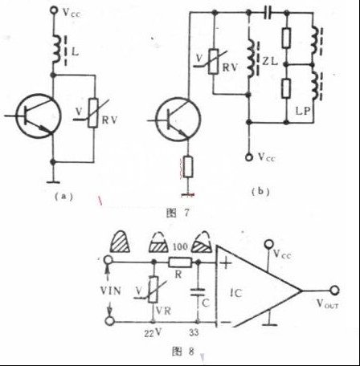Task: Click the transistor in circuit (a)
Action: (x=39, y=116)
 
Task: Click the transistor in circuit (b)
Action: (x=178, y=120)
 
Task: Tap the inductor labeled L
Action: (x=57, y=50)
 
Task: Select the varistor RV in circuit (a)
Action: (x=93, y=113)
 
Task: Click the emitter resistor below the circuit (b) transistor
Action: (x=188, y=167)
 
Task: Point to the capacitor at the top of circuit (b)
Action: (x=268, y=12)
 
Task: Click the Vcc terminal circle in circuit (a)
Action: (x=54, y=10)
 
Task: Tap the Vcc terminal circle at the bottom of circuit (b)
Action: (x=249, y=157)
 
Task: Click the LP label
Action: (x=303, y=112)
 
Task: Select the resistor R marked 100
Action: (x=180, y=262)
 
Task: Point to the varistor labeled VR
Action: (x=153, y=290)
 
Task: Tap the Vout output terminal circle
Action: (x=334, y=291)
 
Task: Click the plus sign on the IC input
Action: (x=226, y=263)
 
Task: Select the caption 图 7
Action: (x=178, y=213)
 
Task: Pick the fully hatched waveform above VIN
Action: (x=120, y=242)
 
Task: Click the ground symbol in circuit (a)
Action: (x=53, y=182)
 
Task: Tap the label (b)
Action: (x=260, y=192)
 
